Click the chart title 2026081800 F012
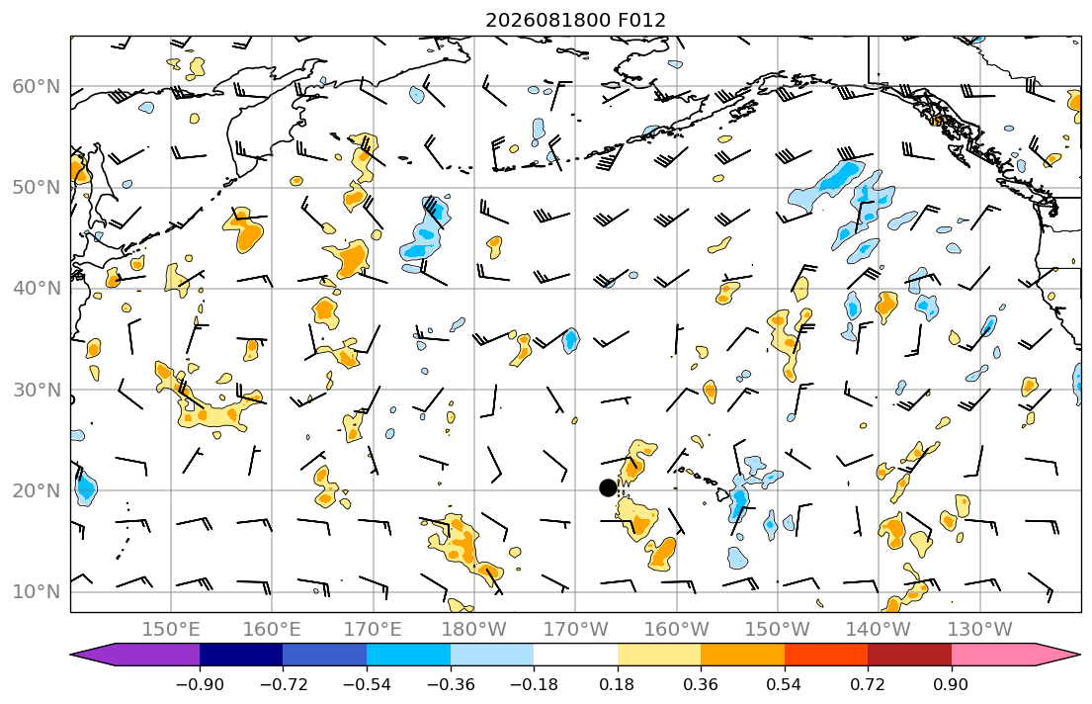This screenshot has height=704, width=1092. point(575,20)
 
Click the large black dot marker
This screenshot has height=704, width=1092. point(608,487)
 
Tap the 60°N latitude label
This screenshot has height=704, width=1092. point(37,87)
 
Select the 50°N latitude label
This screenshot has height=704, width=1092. point(37,188)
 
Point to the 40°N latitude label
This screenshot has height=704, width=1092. point(37,289)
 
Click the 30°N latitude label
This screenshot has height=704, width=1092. point(37,390)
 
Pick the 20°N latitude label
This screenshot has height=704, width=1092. point(37,490)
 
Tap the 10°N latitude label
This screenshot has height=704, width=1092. point(37,592)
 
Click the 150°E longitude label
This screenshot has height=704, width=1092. point(171,630)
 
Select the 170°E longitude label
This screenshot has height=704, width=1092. point(374,630)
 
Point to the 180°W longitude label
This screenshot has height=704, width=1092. point(474,630)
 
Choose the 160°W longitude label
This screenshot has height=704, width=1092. point(676,630)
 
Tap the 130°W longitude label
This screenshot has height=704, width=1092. point(980,630)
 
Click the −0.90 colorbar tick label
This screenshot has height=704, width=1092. point(200,685)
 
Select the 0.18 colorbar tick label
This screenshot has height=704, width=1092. point(617,685)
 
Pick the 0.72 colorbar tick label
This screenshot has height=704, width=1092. point(868,685)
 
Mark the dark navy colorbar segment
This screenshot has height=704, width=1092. point(241,656)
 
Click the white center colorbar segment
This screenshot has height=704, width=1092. point(575,656)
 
